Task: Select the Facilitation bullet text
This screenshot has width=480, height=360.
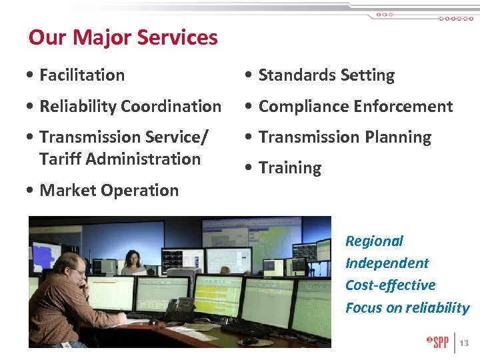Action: (x=82, y=75)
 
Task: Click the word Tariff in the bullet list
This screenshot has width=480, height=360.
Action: (x=61, y=159)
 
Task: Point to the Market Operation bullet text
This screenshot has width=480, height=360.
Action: (x=109, y=191)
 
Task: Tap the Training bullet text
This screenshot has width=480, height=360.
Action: (x=290, y=168)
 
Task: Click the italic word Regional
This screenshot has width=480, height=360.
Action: (x=374, y=241)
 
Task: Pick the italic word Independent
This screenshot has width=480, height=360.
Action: (x=387, y=263)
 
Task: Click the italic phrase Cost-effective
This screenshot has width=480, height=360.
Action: (x=390, y=285)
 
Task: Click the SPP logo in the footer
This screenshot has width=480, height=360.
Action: (x=438, y=343)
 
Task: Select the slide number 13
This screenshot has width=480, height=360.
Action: (x=465, y=343)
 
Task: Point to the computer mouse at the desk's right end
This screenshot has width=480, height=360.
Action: (x=250, y=340)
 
